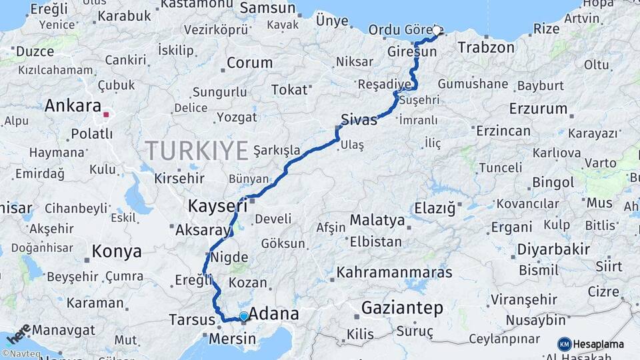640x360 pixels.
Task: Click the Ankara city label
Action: pyautogui.click(x=73, y=106)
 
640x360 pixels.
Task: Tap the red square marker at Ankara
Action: pyautogui.click(x=106, y=115)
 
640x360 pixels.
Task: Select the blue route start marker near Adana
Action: pyautogui.click(x=244, y=317)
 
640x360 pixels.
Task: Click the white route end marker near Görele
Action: pyautogui.click(x=437, y=31)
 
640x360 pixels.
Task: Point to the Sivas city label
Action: pyautogui.click(x=359, y=120)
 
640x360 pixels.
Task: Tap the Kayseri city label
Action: pyautogui.click(x=217, y=205)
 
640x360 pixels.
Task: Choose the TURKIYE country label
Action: pyautogui.click(x=197, y=151)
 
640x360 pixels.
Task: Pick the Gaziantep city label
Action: pyautogui.click(x=402, y=308)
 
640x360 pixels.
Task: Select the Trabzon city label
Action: pyautogui.click(x=486, y=47)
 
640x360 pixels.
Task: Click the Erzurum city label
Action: pyautogui.click(x=537, y=108)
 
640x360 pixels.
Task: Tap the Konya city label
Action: pyautogui.click(x=117, y=251)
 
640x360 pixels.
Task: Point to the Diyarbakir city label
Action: pyautogui.click(x=553, y=249)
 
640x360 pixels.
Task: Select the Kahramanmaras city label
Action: pyautogui.click(x=394, y=272)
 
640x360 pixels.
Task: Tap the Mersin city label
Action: pyautogui.click(x=233, y=339)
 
